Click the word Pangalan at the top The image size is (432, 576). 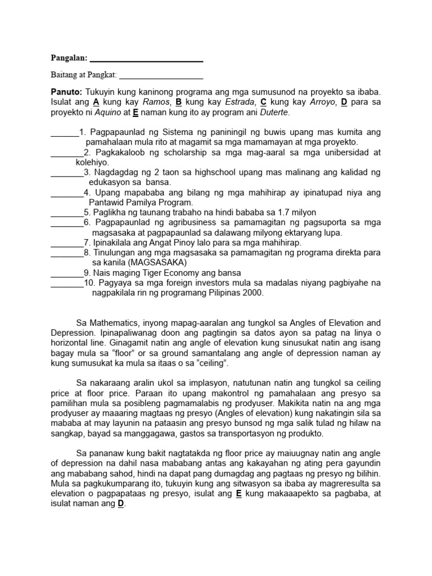[x=69, y=58]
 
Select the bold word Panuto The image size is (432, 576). [x=66, y=92]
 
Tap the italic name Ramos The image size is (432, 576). [x=156, y=102]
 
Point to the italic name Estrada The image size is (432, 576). [x=240, y=102]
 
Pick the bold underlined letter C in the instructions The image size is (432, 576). [x=263, y=102]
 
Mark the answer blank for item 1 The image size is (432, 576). [x=65, y=132]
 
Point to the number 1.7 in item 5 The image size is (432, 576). [x=277, y=213]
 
